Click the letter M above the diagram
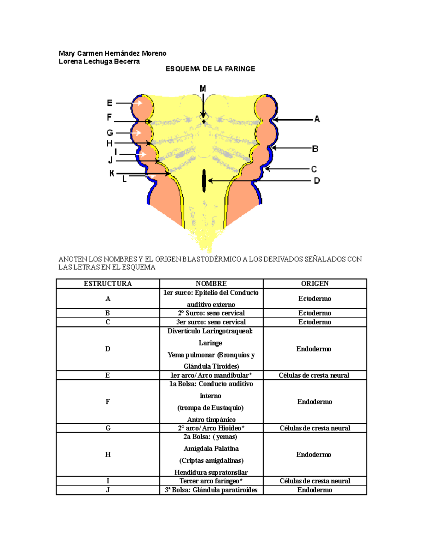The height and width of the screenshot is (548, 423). point(203,89)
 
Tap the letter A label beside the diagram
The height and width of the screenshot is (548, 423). point(317,119)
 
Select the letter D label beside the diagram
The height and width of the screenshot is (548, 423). point(317,181)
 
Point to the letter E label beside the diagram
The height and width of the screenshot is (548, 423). point(110,103)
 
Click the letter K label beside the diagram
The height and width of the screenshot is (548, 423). point(112,173)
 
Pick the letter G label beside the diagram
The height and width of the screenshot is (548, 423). point(110,133)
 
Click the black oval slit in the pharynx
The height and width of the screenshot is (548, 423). point(204,181)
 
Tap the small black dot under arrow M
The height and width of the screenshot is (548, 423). point(204,122)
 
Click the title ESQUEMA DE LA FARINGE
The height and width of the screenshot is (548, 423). point(210,69)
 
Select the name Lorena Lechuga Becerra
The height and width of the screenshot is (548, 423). point(99,61)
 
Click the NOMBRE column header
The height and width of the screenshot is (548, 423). point(211,284)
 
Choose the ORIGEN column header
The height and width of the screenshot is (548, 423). point(315,284)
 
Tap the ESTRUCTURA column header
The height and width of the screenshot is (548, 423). point(108,284)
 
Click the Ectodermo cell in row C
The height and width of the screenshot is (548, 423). point(315,322)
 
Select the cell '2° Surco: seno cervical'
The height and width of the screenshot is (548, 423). point(211,313)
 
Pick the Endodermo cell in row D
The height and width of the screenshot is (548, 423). point(314,349)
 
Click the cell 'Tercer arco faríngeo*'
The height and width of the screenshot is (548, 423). point(211,481)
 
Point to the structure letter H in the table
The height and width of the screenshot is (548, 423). point(108,454)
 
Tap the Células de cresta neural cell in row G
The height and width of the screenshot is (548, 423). point(315,428)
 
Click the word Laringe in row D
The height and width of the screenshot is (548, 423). point(210,343)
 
